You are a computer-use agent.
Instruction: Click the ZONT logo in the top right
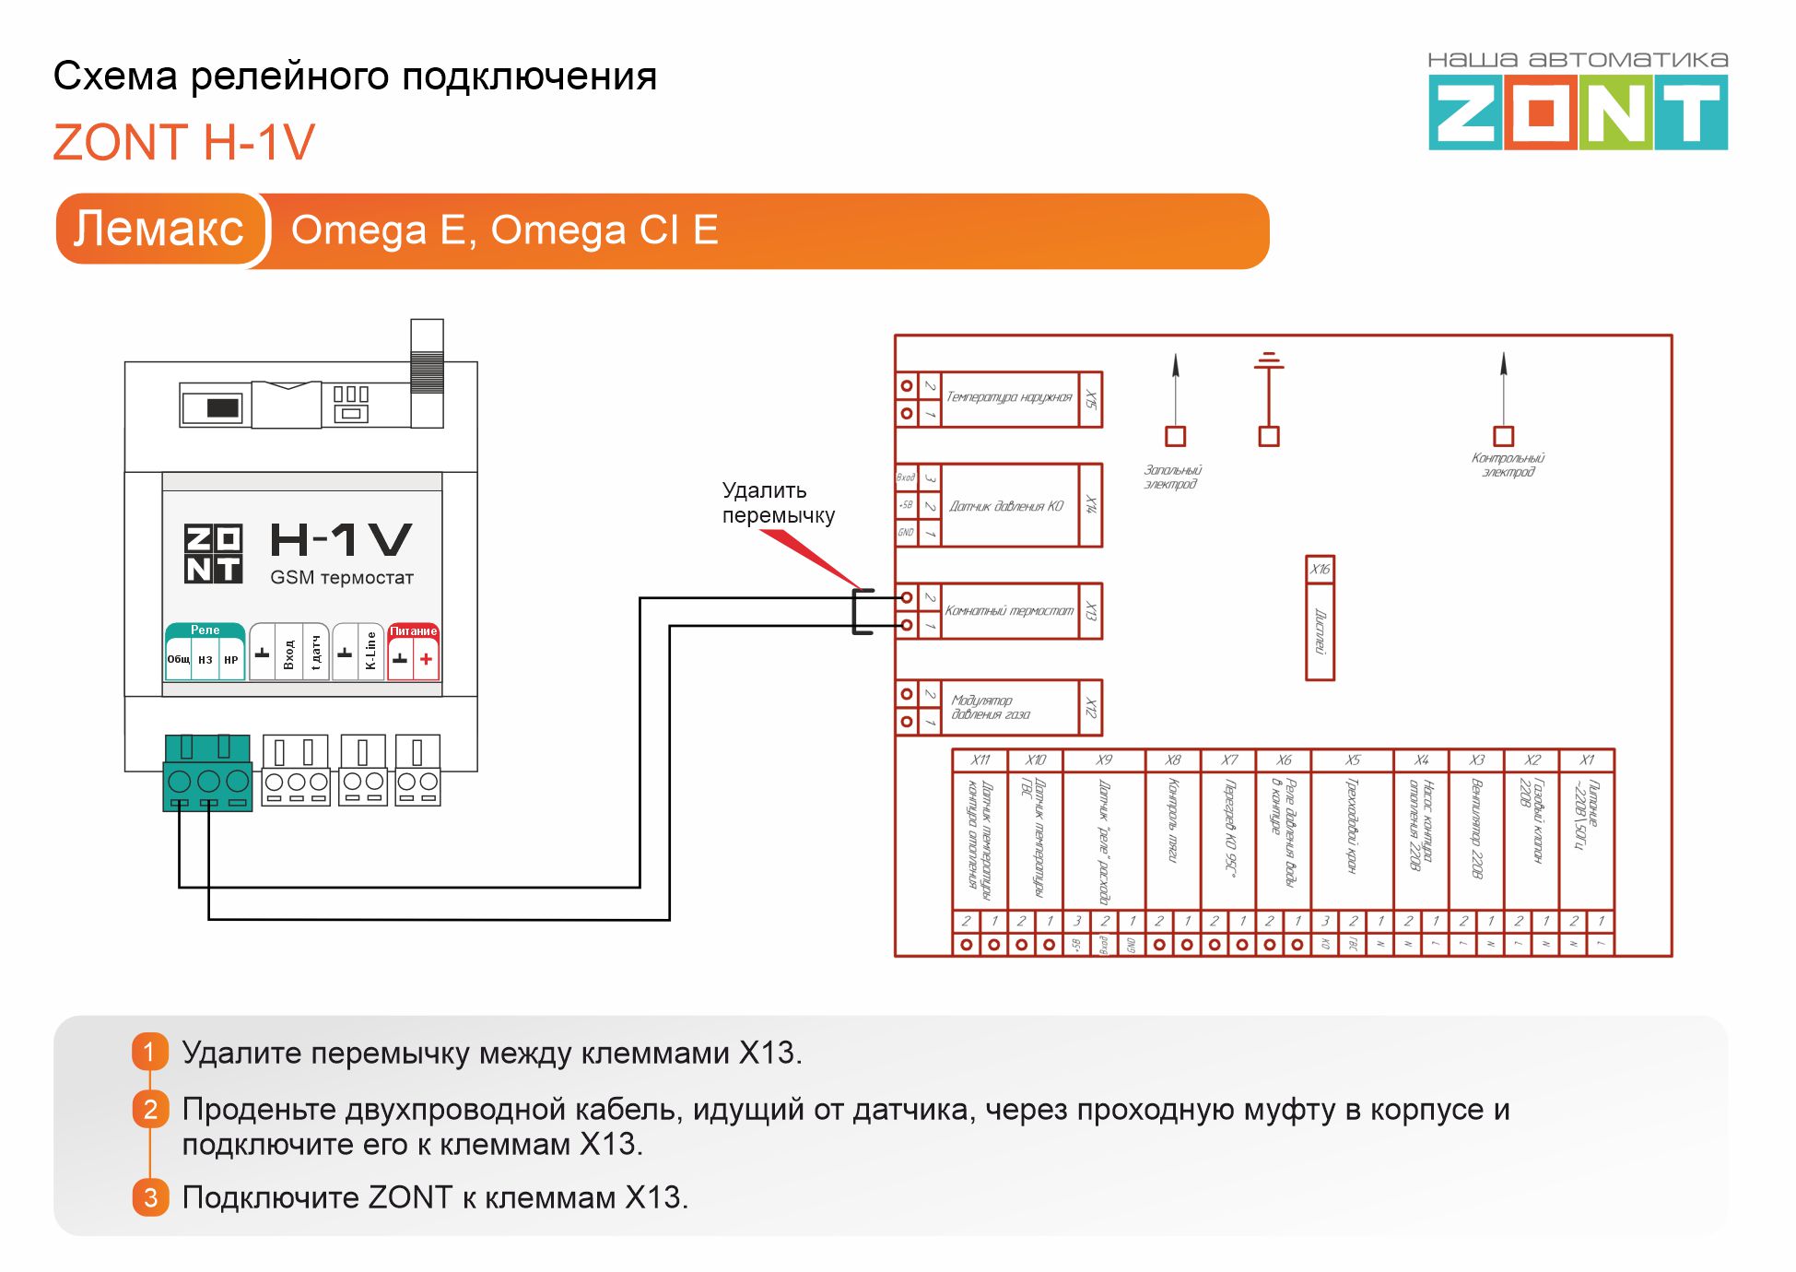pyautogui.click(x=1578, y=112)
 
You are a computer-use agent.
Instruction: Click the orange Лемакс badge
pyautogui.click(x=158, y=230)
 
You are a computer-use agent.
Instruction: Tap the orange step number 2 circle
pyautogui.click(x=150, y=1109)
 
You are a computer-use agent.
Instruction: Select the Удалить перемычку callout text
pyautogui.click(x=778, y=502)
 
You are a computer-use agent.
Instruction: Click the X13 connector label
pyautogui.click(x=1091, y=611)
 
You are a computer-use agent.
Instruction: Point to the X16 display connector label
pyautogui.click(x=1320, y=569)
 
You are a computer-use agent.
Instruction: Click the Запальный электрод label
pyautogui.click(x=1172, y=477)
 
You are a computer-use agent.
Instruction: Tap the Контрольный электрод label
pyautogui.click(x=1508, y=465)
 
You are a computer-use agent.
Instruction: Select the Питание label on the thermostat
pyautogui.click(x=413, y=631)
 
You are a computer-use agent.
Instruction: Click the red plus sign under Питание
pyautogui.click(x=426, y=659)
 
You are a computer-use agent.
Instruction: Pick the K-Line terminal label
pyautogui.click(x=370, y=651)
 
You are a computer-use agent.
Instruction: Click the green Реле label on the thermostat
pyautogui.click(x=205, y=630)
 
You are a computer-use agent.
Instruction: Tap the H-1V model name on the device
pyautogui.click(x=341, y=540)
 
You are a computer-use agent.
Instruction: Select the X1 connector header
pyautogui.click(x=1587, y=760)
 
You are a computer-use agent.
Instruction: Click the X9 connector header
pyautogui.click(x=1104, y=760)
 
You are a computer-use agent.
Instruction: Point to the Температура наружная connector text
pyautogui.click(x=1009, y=397)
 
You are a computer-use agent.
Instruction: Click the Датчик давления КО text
pyautogui.click(x=1006, y=506)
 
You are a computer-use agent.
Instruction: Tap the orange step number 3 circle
pyautogui.click(x=150, y=1197)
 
